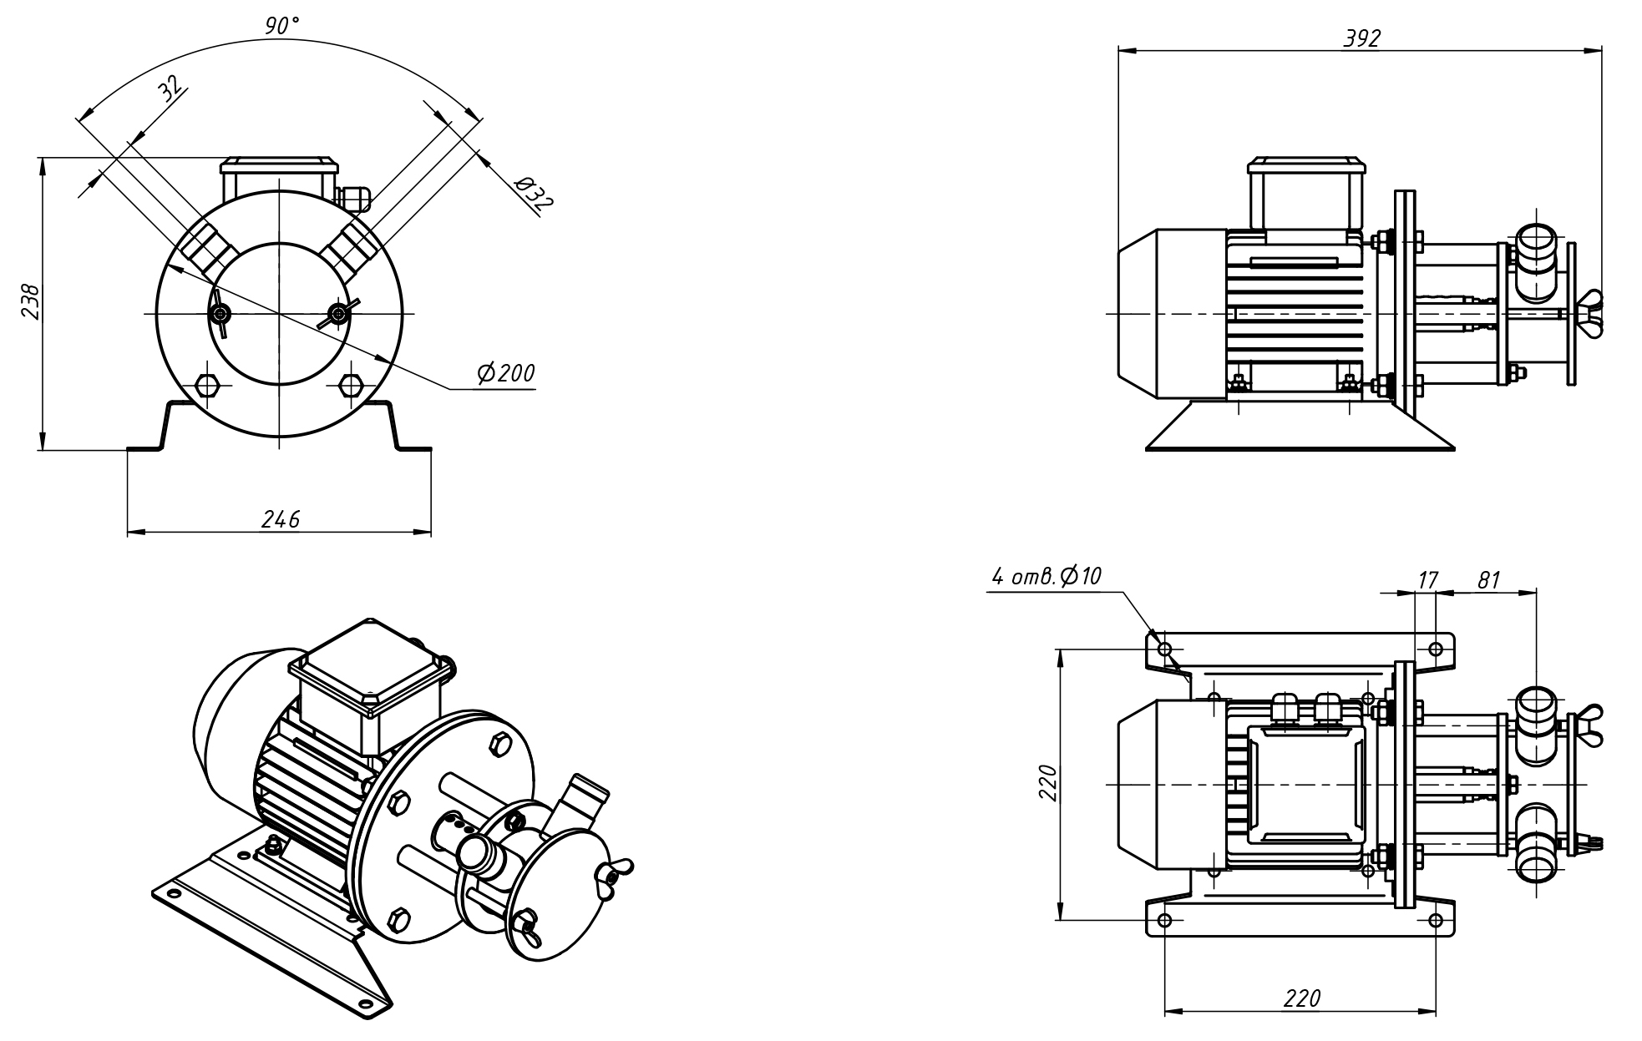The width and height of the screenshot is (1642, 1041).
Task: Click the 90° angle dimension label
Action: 281,26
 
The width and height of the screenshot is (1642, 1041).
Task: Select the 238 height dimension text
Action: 31,301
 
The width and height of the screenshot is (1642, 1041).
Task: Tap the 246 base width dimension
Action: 281,519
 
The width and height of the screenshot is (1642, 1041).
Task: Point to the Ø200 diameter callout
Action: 505,373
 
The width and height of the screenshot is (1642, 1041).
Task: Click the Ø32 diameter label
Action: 534,193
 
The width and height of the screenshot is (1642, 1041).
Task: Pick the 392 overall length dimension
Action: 1361,38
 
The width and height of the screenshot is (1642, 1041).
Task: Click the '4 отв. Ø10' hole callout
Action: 1047,576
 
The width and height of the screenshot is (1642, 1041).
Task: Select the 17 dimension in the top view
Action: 1428,579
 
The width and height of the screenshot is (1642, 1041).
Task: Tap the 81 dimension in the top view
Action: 1489,579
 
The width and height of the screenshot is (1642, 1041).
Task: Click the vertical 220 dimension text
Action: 1048,782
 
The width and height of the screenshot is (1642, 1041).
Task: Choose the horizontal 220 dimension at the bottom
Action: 1302,998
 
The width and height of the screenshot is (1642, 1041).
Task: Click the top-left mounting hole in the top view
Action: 1165,649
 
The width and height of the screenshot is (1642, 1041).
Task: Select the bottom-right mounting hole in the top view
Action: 1436,920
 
